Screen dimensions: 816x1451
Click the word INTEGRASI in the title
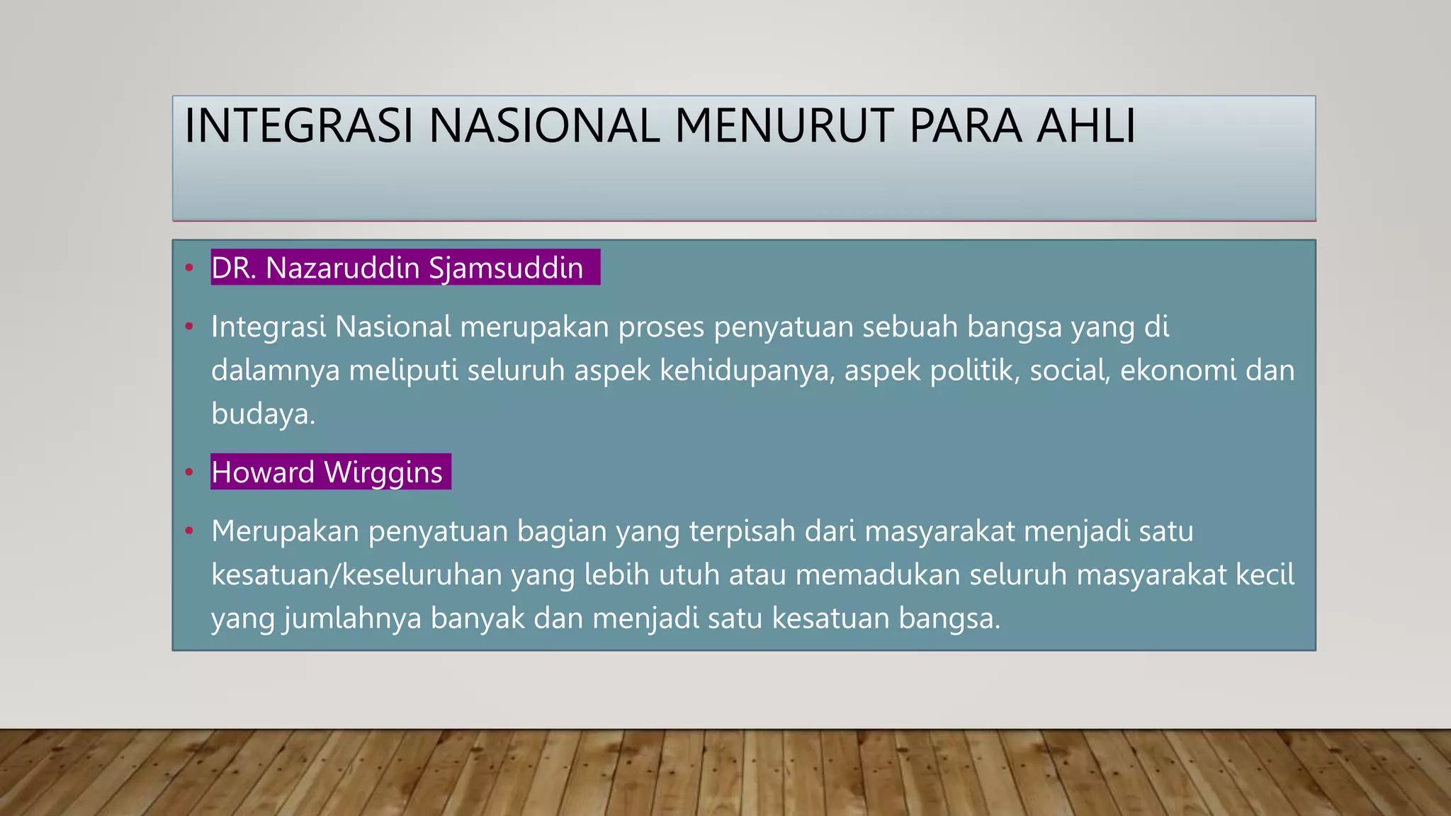pos(298,126)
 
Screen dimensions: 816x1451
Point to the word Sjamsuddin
pos(506,268)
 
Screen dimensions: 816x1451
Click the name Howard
pos(263,472)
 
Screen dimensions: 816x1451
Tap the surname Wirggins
pos(383,472)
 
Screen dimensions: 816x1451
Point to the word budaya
pos(260,414)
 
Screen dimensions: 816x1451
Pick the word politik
pos(975,370)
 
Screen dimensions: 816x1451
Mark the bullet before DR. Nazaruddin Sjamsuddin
pos(188,268)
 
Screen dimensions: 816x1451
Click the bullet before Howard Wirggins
pos(188,472)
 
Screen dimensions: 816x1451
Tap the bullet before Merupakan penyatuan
pos(188,531)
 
